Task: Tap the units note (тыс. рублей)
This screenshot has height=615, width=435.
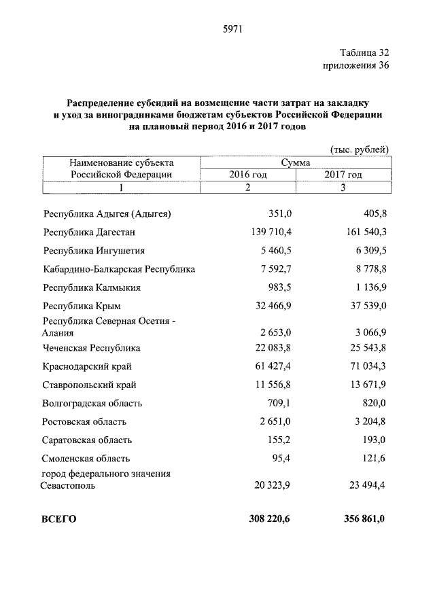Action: pyautogui.click(x=358, y=149)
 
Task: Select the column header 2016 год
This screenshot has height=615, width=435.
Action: pyautogui.click(x=247, y=175)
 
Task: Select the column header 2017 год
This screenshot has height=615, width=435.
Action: pyautogui.click(x=343, y=175)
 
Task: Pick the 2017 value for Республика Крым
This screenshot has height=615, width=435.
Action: pyautogui.click(x=366, y=306)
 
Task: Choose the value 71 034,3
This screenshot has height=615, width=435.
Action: pyautogui.click(x=366, y=366)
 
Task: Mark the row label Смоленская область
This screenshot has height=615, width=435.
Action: pyautogui.click(x=86, y=459)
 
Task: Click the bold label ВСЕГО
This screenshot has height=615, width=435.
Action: pyautogui.click(x=59, y=519)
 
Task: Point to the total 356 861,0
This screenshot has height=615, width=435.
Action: pyautogui.click(x=364, y=519)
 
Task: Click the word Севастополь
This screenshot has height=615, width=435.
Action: pyautogui.click(x=68, y=486)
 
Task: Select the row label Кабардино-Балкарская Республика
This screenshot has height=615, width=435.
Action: pyautogui.click(x=118, y=269)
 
